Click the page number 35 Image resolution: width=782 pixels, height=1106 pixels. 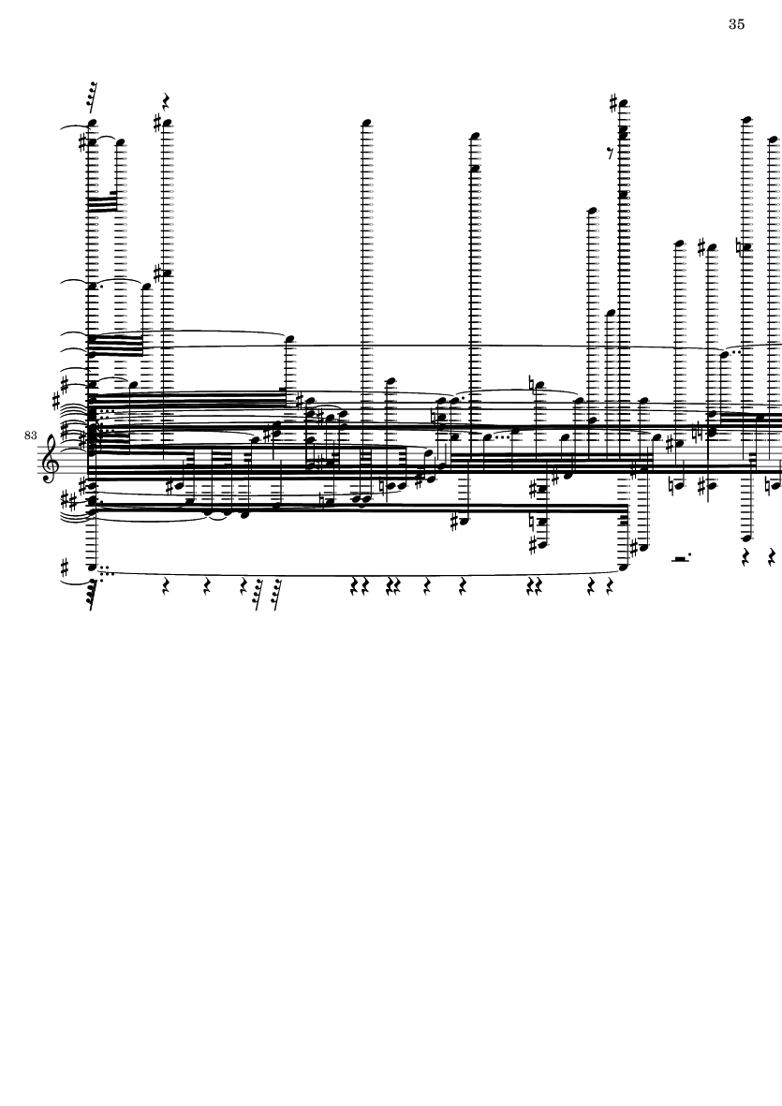(x=736, y=24)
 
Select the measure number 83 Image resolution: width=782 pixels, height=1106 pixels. (x=30, y=435)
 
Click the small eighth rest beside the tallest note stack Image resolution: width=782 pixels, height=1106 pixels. (x=611, y=155)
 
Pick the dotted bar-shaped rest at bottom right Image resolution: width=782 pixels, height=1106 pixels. (x=680, y=558)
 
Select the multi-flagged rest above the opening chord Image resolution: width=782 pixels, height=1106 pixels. (x=91, y=97)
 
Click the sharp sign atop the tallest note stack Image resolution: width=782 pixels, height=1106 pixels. (x=615, y=104)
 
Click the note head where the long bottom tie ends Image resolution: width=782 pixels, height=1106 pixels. (x=624, y=567)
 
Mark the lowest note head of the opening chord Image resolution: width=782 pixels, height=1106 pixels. (x=91, y=567)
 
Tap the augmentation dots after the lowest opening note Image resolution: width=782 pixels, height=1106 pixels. (x=104, y=568)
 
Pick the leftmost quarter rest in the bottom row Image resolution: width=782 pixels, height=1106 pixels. (x=165, y=586)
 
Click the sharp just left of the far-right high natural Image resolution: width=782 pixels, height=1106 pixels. (x=701, y=247)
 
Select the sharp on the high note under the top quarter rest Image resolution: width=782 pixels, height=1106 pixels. (x=157, y=124)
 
